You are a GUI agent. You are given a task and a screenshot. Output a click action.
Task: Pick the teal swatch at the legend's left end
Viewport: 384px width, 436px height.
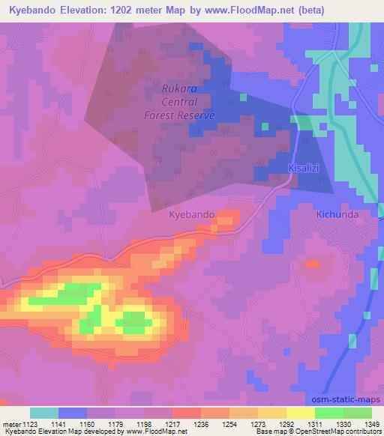pyautogui.click(x=44, y=413)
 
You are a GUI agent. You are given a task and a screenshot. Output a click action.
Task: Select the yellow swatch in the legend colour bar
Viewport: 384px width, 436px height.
pyautogui.click(x=301, y=413)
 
